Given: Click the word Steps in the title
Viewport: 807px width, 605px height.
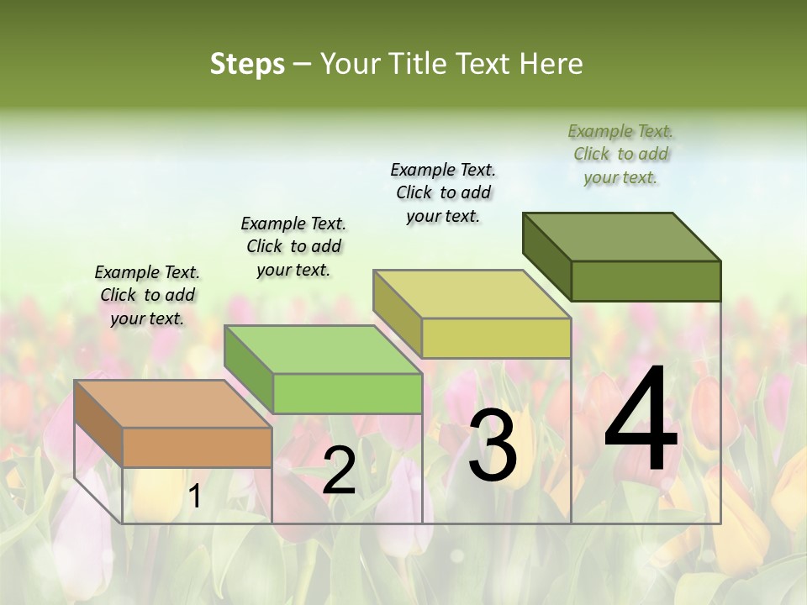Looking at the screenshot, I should [247, 64].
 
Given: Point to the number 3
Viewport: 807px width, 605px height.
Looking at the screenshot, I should [493, 445].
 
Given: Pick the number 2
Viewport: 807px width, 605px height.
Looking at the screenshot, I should [339, 471].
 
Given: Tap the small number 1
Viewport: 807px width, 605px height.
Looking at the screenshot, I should [195, 497].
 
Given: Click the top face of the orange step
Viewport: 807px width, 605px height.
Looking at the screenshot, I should [172, 404].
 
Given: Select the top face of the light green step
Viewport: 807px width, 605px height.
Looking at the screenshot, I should [323, 350].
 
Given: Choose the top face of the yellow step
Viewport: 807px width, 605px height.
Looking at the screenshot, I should [472, 294].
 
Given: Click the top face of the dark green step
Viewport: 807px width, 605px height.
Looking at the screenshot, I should [622, 237].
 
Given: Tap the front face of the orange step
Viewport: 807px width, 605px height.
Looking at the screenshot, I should [198, 447].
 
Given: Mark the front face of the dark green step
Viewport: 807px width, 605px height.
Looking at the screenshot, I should [646, 281].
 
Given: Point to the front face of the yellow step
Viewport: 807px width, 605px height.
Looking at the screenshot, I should [496, 338].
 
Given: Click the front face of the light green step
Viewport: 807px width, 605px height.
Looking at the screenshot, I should [347, 393].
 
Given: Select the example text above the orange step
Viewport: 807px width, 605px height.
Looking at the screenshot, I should [147, 295].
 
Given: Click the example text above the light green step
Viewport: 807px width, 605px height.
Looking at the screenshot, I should [293, 246].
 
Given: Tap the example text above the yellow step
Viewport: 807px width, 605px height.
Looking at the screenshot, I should [443, 192].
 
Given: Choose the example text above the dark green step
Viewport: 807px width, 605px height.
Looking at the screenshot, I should [620, 154].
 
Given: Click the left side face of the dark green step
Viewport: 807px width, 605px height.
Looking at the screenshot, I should [546, 256].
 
